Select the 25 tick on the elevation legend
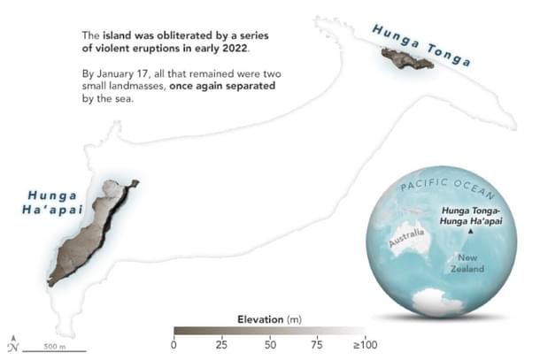click(221, 344)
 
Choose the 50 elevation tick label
click(269, 344)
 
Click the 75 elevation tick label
click(317, 344)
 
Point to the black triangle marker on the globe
click(471, 233)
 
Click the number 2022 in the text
click(234, 48)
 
